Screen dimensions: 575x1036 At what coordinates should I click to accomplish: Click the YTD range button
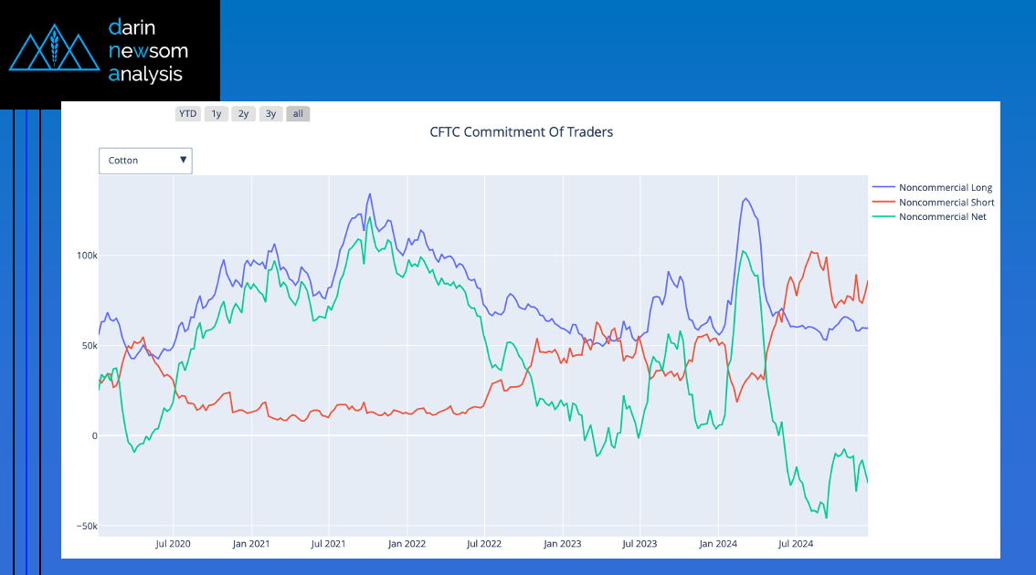pyautogui.click(x=187, y=114)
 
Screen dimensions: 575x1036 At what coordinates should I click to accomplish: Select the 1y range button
pyautogui.click(x=217, y=114)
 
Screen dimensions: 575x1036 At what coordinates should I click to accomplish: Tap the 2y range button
pyautogui.click(x=243, y=114)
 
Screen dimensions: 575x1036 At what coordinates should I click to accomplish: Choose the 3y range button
pyautogui.click(x=270, y=114)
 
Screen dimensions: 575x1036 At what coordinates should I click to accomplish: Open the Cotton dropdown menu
pyautogui.click(x=145, y=161)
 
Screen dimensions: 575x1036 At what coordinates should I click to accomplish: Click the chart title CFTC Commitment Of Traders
pyautogui.click(x=521, y=132)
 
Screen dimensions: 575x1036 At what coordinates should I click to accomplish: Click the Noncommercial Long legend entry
pyautogui.click(x=945, y=188)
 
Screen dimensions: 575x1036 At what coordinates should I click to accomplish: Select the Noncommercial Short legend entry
pyautogui.click(x=946, y=203)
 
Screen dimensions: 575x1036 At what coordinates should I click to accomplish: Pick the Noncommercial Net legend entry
pyautogui.click(x=942, y=217)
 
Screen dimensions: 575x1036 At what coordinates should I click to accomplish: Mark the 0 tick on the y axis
pyautogui.click(x=92, y=436)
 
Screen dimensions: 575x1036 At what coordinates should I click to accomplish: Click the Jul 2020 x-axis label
pyautogui.click(x=173, y=544)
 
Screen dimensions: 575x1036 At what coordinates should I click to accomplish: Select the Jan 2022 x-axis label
pyautogui.click(x=407, y=544)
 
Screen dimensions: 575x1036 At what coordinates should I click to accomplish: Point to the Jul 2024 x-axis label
pyautogui.click(x=796, y=544)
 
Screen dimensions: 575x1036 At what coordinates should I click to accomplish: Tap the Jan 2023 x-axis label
pyautogui.click(x=563, y=544)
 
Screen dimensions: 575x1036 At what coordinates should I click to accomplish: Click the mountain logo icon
pyautogui.click(x=54, y=51)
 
